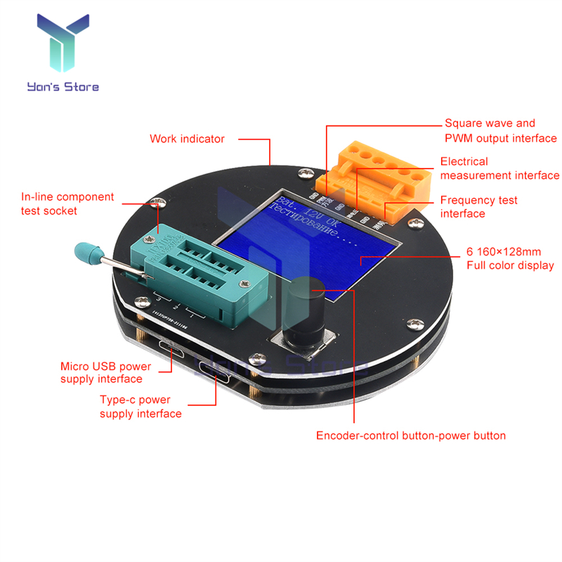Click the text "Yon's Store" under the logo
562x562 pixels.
point(63,87)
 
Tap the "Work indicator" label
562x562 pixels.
point(187,138)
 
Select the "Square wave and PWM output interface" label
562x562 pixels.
point(500,131)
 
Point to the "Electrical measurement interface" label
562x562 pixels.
point(499,169)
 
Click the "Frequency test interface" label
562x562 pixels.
point(478,207)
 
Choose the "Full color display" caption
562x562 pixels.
point(510,259)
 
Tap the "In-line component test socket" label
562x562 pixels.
point(67,204)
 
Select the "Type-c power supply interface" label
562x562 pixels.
point(140,407)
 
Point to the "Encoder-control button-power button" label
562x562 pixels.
point(411,436)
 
